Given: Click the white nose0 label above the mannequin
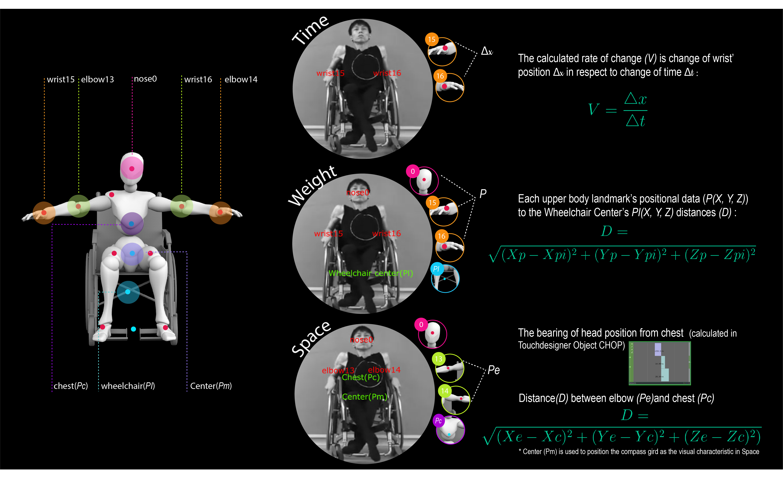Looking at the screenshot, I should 145,79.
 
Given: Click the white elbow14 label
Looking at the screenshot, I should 241,80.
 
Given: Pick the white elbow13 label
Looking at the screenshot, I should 97,80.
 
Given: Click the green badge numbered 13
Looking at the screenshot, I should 439,359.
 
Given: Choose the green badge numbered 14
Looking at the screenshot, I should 445,391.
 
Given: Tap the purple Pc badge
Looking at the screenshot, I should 439,421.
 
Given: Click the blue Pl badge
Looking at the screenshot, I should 436,269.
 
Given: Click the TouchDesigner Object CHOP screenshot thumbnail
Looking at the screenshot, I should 660,363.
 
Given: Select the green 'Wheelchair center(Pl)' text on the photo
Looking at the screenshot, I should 371,273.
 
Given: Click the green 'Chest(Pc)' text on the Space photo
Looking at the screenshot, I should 361,378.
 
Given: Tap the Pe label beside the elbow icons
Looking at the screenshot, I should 493,370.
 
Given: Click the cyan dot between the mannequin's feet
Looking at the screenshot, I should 134,329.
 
